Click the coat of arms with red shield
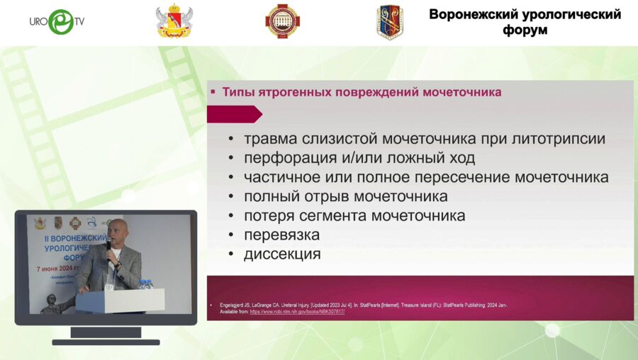click(174, 22)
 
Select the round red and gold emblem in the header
click(282, 21)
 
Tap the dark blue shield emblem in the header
click(389, 22)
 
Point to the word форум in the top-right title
click(525, 31)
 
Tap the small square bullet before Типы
click(213, 92)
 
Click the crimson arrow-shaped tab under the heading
click(234, 114)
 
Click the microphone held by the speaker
click(108, 246)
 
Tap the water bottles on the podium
click(145, 283)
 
